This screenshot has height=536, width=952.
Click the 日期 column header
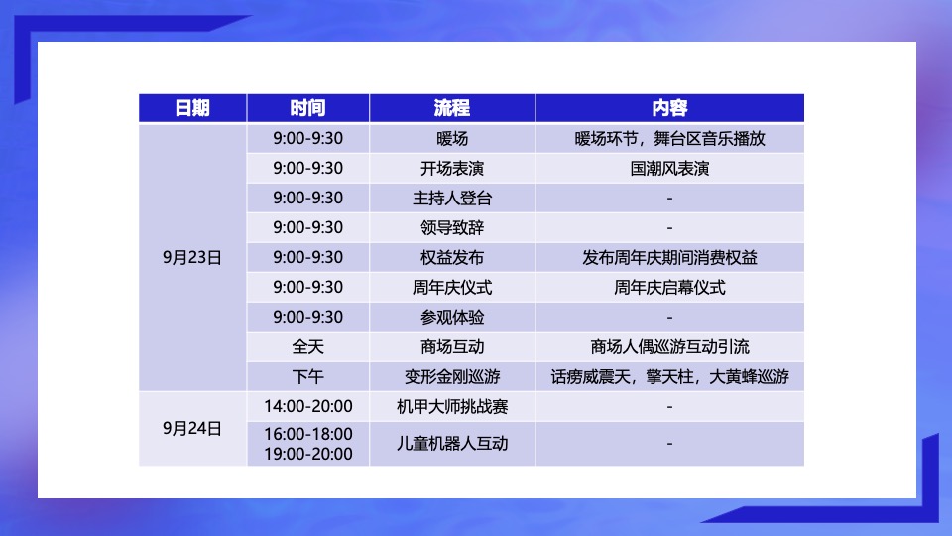(x=192, y=108)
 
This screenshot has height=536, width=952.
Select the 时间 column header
(x=307, y=108)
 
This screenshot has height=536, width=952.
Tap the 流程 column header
(x=451, y=108)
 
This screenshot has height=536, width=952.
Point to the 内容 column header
(x=669, y=108)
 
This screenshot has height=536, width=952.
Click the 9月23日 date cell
(x=192, y=258)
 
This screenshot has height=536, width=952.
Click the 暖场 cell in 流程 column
(x=451, y=139)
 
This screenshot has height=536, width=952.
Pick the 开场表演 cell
(x=451, y=169)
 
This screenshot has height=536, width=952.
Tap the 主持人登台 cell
(x=451, y=199)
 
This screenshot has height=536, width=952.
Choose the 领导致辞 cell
(x=451, y=228)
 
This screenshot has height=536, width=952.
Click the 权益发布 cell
(x=451, y=258)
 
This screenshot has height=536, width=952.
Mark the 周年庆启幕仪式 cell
(x=669, y=288)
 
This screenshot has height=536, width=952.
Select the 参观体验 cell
(x=451, y=318)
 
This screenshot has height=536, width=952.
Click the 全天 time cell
(x=307, y=347)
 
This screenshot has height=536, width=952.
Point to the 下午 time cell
(x=307, y=377)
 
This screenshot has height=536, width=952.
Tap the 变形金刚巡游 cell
(x=451, y=377)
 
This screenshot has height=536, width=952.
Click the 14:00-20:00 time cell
(x=307, y=407)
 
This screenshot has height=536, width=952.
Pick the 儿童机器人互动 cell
(x=451, y=444)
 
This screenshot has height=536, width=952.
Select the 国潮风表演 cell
(x=669, y=169)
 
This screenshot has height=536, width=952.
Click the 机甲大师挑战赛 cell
(x=451, y=407)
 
